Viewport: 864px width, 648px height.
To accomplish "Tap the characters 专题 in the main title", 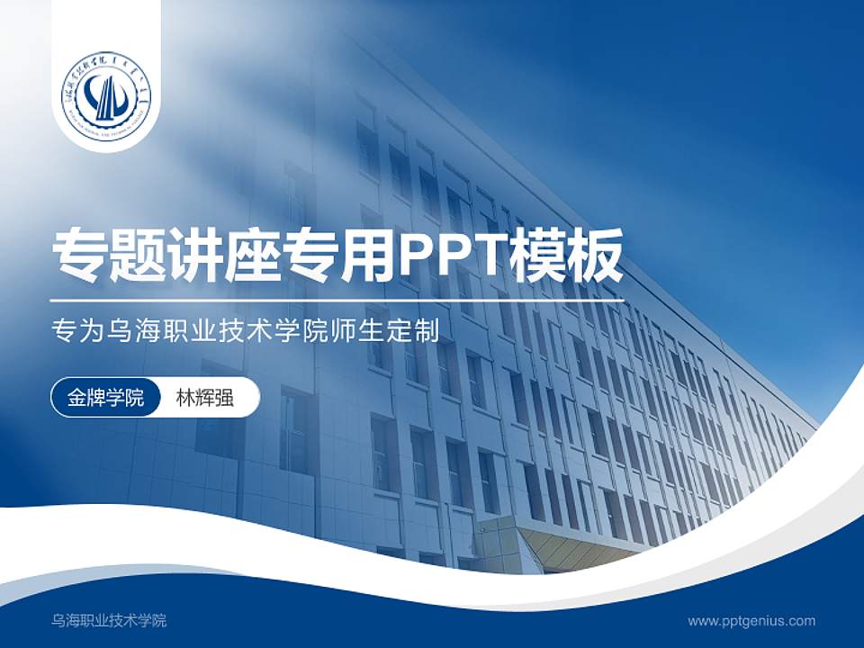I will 109,255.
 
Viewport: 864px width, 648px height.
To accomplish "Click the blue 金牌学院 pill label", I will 105,398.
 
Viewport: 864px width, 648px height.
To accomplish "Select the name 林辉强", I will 204,398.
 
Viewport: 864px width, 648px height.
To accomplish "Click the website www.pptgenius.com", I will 751,621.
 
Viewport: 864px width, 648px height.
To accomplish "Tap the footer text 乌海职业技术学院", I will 109,621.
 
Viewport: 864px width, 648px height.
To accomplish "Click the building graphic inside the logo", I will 107,97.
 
